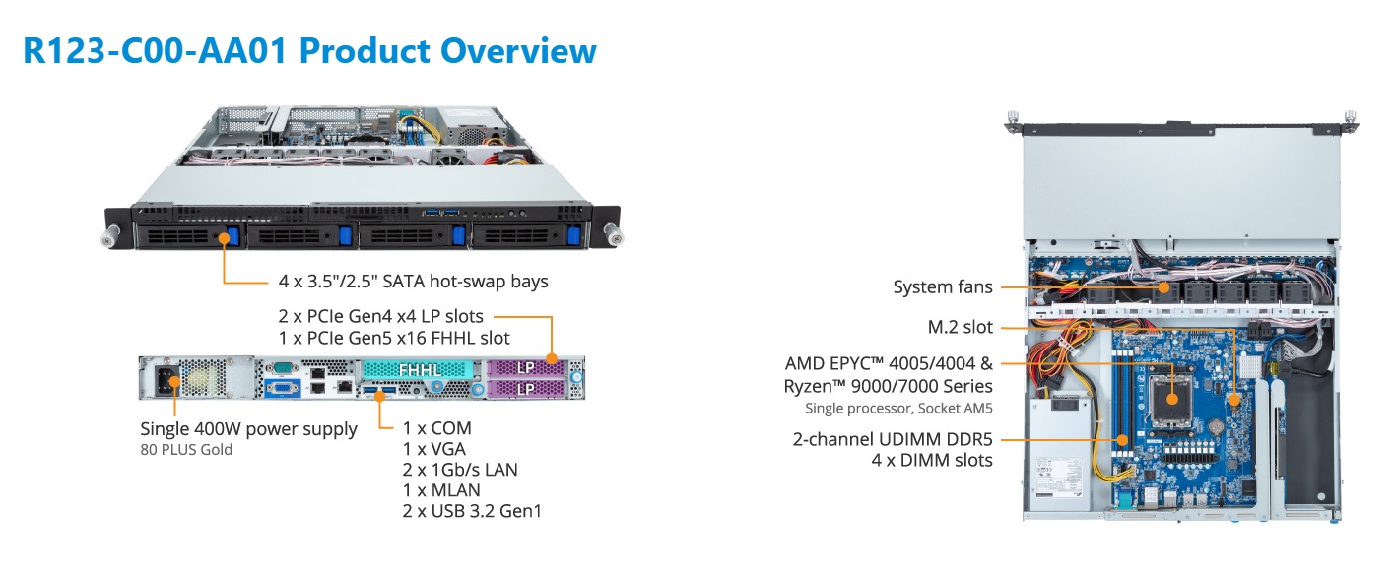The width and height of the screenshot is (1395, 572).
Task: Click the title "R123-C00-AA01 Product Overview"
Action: [309, 51]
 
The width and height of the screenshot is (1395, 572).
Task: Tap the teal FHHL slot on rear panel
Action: [420, 370]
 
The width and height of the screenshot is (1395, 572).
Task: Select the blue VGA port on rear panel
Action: [282, 389]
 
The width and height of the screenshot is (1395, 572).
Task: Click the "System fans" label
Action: [942, 286]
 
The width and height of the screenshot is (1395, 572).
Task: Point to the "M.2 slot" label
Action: [960, 327]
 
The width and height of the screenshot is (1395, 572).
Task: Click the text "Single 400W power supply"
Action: [248, 429]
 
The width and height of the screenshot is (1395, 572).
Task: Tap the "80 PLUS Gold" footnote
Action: [186, 449]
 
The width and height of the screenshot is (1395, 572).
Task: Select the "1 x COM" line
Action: [436, 428]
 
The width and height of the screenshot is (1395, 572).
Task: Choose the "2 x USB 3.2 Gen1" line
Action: [472, 511]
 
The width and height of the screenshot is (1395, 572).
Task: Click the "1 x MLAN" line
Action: [441, 490]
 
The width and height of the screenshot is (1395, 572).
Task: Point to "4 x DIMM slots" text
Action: [932, 460]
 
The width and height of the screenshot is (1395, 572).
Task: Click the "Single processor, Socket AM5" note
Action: [898, 409]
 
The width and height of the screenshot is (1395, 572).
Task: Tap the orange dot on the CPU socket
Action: [1172, 400]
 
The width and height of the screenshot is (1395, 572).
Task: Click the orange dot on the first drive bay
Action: [223, 237]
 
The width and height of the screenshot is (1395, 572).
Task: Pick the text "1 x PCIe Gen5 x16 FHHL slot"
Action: [394, 338]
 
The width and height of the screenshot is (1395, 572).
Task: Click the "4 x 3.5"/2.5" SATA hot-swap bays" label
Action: [413, 282]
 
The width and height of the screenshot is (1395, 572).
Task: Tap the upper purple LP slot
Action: [525, 368]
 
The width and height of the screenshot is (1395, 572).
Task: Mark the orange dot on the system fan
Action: [1163, 286]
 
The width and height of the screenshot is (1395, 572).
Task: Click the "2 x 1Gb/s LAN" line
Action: [460, 470]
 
